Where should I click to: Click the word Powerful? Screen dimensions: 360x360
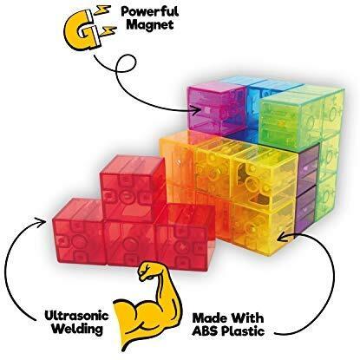tap(149, 11)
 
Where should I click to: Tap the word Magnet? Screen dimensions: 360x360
tap(150, 24)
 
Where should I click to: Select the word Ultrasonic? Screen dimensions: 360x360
tap(76, 316)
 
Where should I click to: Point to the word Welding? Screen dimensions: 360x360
tap(78, 329)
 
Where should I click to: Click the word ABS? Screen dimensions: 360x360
tap(206, 331)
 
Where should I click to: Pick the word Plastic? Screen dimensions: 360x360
tap(243, 331)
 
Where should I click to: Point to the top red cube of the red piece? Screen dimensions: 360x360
tap(133, 188)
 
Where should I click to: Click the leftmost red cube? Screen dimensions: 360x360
tap(79, 232)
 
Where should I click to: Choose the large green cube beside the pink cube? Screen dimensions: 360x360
tap(289, 120)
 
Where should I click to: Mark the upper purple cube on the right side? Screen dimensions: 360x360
tap(308, 170)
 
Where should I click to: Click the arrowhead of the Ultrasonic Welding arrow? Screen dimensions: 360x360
tap(42, 222)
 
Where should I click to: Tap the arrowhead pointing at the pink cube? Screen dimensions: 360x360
tap(197, 109)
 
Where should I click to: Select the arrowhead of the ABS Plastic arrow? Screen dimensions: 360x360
tap(282, 236)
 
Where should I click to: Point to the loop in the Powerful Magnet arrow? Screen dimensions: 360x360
tap(126, 66)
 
